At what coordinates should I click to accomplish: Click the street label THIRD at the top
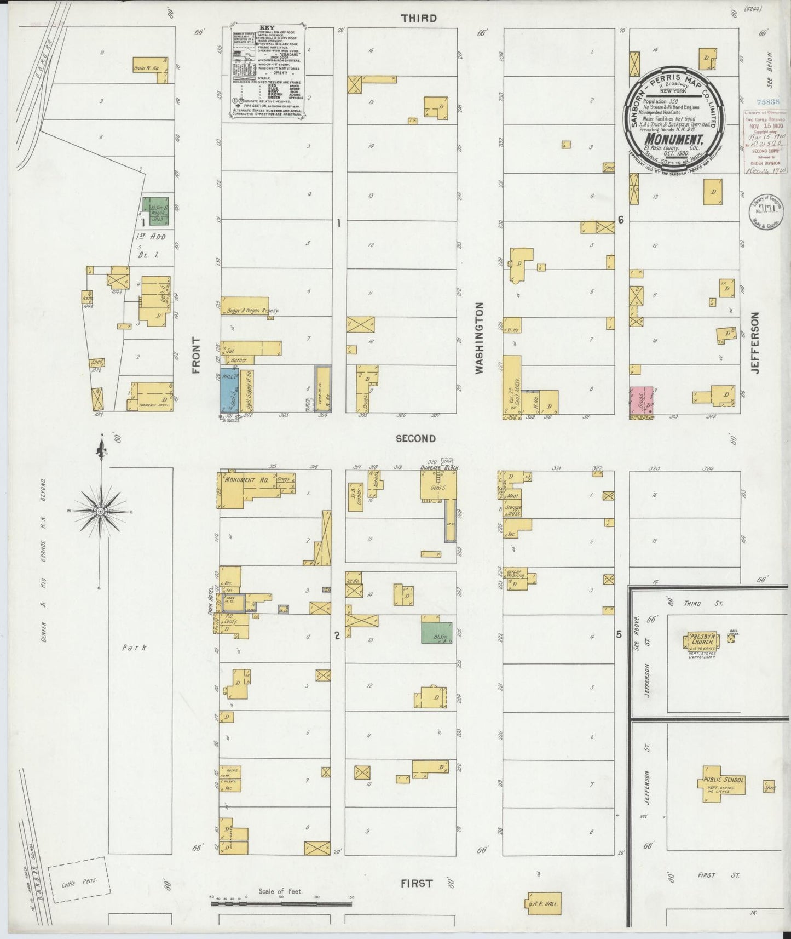pyautogui.click(x=419, y=18)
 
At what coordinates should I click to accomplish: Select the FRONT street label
pyautogui.click(x=197, y=356)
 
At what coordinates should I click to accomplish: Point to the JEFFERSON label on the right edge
pyautogui.click(x=756, y=343)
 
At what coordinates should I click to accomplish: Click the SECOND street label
pyautogui.click(x=416, y=438)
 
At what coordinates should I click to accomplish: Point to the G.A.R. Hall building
pyautogui.click(x=542, y=904)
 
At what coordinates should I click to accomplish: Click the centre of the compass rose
pyautogui.click(x=101, y=511)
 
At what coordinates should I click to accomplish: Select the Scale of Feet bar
pyautogui.click(x=281, y=900)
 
